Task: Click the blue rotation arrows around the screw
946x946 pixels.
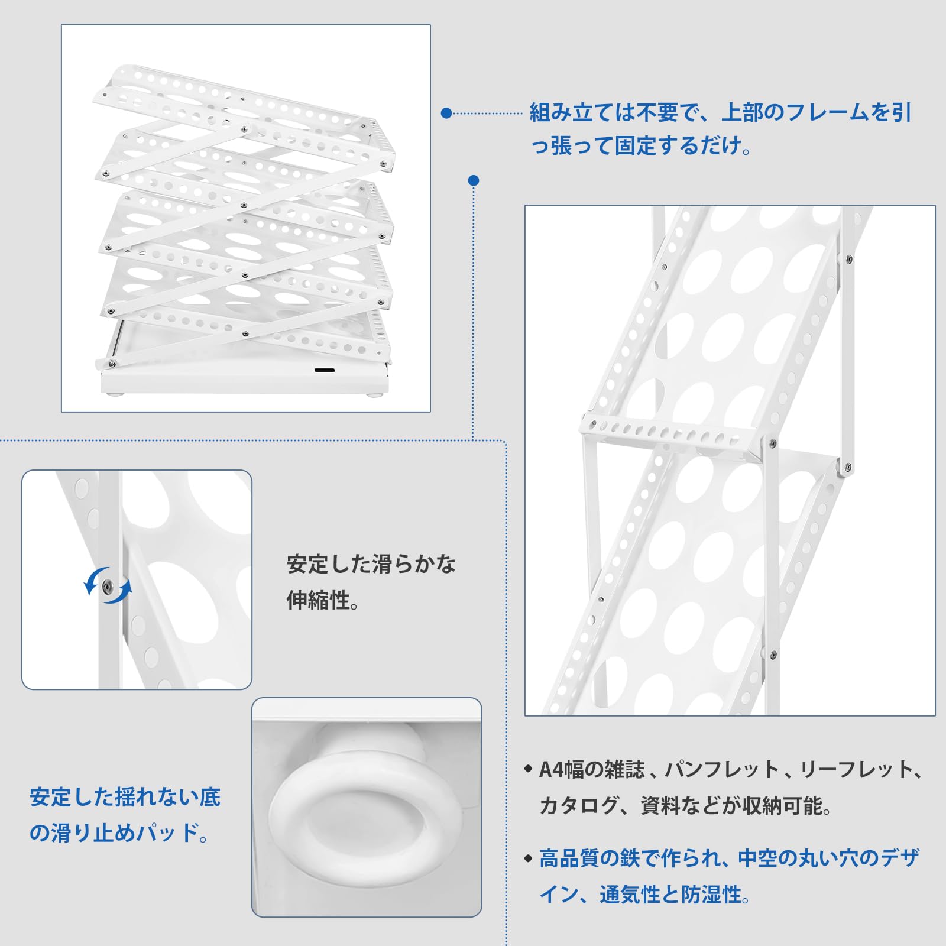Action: (x=107, y=585)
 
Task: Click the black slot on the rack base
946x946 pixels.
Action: (x=324, y=371)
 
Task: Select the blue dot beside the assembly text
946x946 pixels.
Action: (x=446, y=113)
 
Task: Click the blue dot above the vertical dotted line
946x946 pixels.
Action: (x=473, y=180)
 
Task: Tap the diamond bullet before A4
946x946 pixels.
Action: (x=529, y=769)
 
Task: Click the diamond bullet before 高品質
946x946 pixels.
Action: (x=529, y=858)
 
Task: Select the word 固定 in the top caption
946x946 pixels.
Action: (x=636, y=145)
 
